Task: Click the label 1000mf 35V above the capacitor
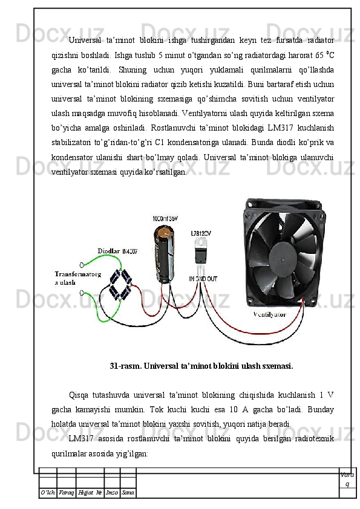(165, 219)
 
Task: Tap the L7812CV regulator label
(201, 233)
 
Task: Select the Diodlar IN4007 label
(117, 251)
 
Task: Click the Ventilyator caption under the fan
(270, 314)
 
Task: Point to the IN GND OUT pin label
(203, 279)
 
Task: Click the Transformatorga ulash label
(77, 278)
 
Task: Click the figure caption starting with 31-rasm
(201, 366)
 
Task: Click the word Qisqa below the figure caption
(78, 395)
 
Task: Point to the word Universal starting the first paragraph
(85, 41)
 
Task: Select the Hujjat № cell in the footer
(90, 493)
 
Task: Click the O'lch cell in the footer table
(48, 493)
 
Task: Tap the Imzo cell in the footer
(112, 493)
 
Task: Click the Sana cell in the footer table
(128, 493)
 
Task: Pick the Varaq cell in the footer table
(67, 493)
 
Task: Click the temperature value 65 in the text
(319, 55)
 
